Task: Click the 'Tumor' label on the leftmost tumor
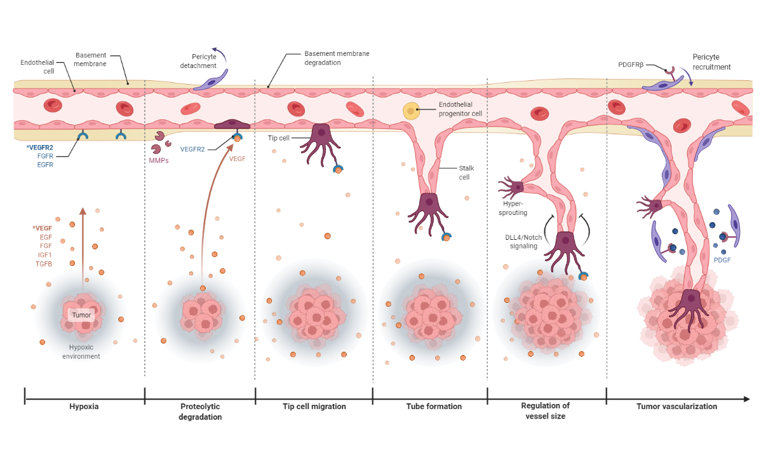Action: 81,315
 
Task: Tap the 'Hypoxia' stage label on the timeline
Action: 84,406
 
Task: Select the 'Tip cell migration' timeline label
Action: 314,406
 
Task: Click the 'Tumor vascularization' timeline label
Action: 676,406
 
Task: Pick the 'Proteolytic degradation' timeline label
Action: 201,412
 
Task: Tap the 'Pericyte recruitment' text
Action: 711,62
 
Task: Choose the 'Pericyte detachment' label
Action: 198,61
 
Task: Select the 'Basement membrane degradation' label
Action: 337,58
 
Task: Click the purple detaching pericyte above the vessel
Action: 211,80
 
